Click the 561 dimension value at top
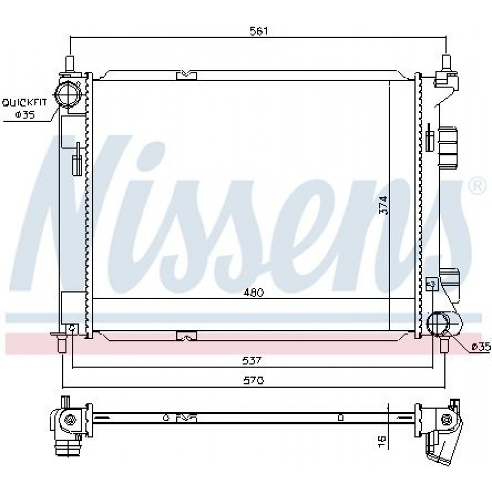(x=259, y=31)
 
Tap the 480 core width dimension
(x=253, y=292)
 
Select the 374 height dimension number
(x=383, y=206)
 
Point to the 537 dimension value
(x=251, y=361)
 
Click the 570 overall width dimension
(x=253, y=381)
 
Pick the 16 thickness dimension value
(x=382, y=441)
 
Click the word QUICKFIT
(x=25, y=103)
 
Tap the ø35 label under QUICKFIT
(x=25, y=115)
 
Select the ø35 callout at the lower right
(x=481, y=346)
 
